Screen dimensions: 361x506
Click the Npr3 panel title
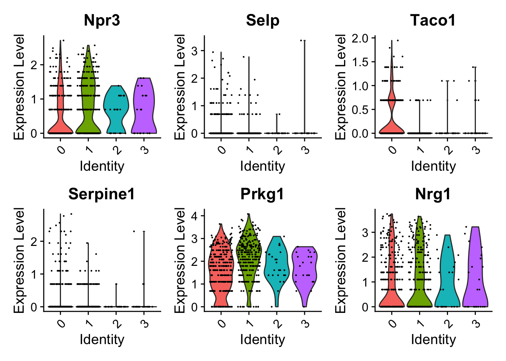(x=102, y=20)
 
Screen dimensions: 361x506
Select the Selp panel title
(x=262, y=20)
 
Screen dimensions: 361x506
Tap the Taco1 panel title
(x=433, y=20)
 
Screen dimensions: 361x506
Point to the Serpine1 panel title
(x=102, y=194)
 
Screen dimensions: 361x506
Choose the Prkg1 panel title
(x=262, y=194)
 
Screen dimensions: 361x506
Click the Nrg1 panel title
(x=433, y=194)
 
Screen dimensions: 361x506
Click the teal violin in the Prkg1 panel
(x=277, y=263)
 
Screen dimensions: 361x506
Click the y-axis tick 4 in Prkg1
(x=198, y=215)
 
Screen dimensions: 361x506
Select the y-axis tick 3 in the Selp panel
(x=198, y=50)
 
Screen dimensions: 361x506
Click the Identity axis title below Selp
(x=262, y=166)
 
